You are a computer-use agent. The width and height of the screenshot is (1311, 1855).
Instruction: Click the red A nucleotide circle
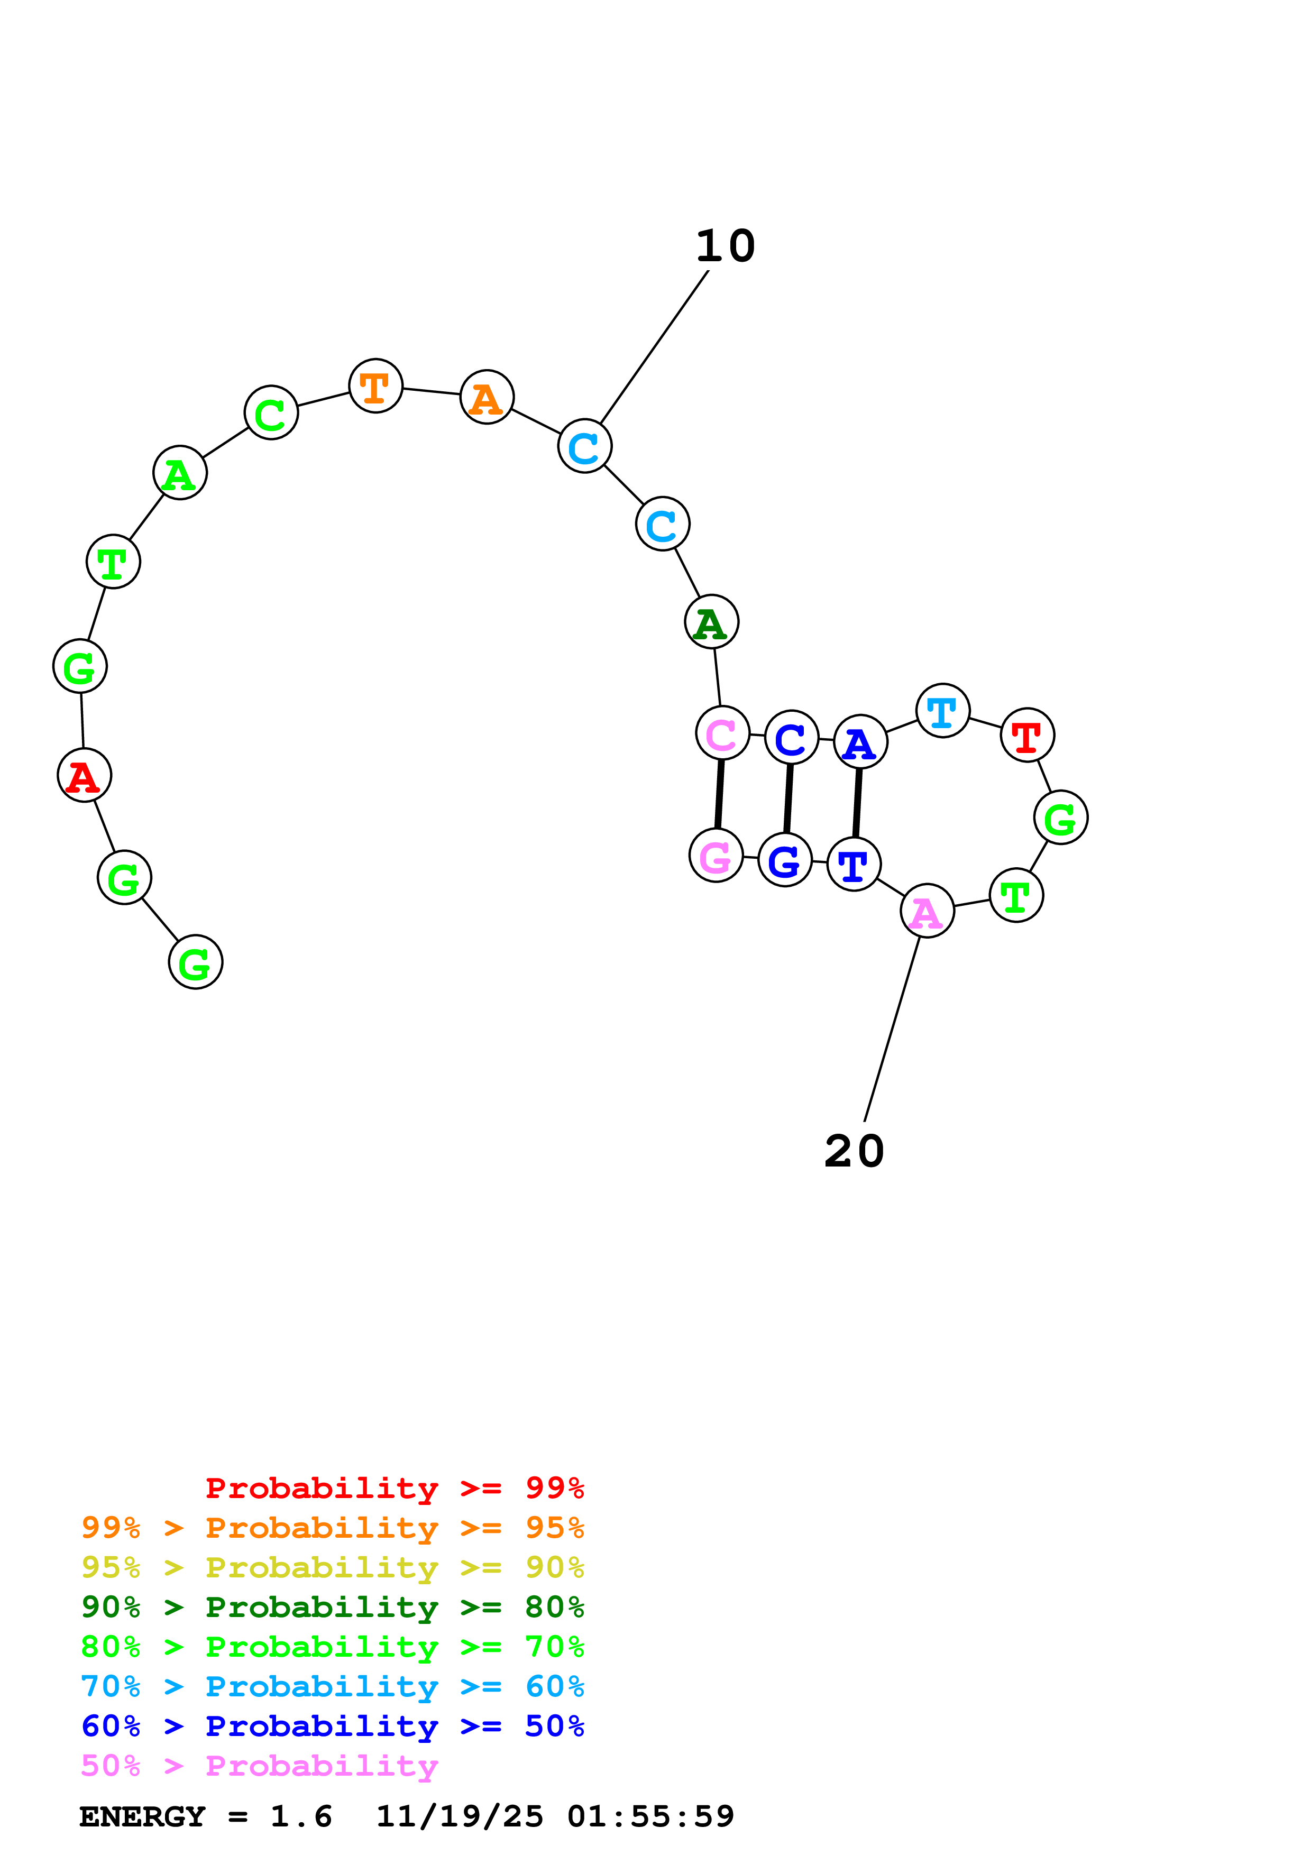84,776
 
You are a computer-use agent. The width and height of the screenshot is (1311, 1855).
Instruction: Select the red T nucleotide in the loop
1026,735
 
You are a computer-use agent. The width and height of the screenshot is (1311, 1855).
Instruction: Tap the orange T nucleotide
375,386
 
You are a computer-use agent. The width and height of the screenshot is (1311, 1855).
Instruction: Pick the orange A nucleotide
487,398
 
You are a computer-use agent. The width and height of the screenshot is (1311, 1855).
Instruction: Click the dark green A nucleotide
711,622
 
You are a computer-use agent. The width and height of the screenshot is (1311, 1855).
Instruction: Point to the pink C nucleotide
722,733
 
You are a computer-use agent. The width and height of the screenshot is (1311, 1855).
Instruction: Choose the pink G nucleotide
716,856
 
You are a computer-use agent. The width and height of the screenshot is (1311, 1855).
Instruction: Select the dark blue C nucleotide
791,738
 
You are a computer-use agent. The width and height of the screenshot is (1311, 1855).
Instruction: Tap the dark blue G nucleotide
784,860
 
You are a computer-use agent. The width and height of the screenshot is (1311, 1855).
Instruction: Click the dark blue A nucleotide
860,742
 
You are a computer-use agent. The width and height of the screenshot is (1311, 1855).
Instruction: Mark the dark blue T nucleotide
854,865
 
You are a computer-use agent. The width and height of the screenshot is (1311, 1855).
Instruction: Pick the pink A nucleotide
927,911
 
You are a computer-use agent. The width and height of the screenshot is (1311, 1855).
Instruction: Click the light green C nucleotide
271,413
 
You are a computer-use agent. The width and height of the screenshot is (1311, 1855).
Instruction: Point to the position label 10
726,246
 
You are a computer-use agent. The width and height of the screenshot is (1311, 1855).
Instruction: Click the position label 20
854,1151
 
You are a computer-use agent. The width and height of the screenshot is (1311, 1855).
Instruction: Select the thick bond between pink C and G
719,794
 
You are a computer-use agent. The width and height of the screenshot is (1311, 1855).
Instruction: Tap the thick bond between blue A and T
857,803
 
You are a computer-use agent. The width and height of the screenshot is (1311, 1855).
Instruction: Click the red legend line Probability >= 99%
394,1488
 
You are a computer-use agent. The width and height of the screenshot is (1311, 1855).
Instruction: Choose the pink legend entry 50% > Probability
259,1765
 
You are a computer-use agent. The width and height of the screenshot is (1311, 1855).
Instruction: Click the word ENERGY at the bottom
142,1817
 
